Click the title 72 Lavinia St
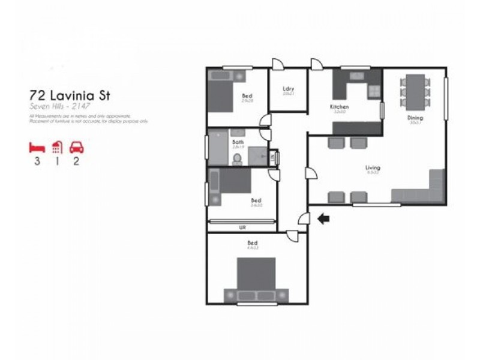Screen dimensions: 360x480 (70, 95)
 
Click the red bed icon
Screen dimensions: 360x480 (37, 147)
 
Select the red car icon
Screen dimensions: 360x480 (77, 147)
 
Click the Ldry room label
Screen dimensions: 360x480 (288, 90)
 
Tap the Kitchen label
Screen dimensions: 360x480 (339, 107)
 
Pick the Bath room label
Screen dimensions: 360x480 (238, 143)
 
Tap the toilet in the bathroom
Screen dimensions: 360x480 (237, 158)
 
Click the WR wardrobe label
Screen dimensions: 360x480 (242, 227)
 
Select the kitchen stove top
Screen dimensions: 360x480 (374, 91)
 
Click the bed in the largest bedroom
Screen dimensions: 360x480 (256, 279)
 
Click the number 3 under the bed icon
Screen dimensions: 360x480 (37, 162)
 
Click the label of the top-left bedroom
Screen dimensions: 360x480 (247, 96)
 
